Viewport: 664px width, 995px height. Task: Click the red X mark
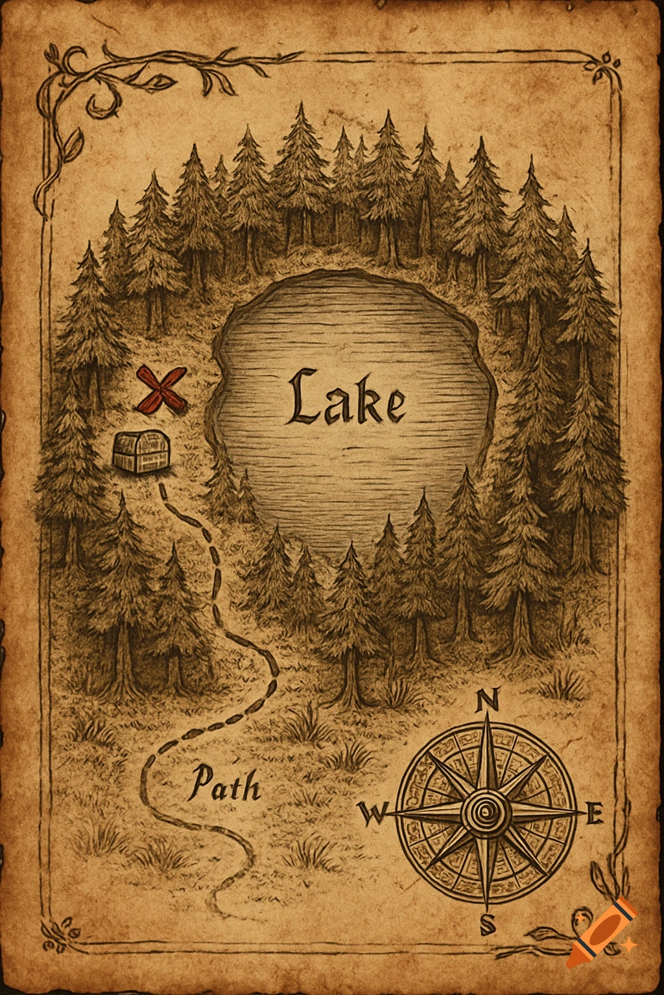(x=161, y=390)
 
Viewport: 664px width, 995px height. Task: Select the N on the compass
(x=487, y=700)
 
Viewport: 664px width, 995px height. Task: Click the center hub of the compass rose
(x=486, y=810)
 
